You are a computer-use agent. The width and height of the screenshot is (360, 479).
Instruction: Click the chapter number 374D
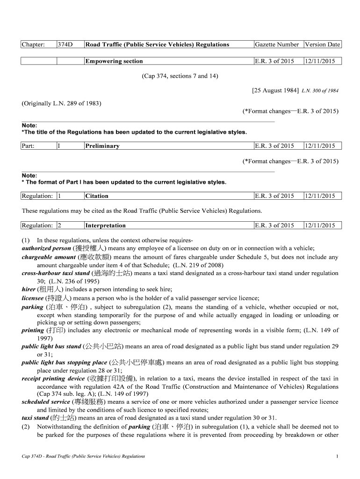[65, 45]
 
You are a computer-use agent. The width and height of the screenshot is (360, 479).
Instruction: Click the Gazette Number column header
[277, 45]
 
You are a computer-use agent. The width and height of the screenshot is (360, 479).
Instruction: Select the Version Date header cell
[322, 45]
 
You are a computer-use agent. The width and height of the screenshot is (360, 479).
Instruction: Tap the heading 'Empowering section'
[114, 61]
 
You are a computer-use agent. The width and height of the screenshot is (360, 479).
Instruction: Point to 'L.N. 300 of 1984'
[320, 90]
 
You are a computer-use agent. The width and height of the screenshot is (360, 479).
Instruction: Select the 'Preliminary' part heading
[102, 146]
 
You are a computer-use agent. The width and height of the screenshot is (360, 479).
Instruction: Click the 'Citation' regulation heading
[97, 196]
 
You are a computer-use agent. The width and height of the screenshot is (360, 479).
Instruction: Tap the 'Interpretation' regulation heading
[105, 225]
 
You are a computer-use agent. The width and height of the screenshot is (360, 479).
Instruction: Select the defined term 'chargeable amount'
[49, 257]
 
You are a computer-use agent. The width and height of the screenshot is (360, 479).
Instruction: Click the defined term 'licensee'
[33, 298]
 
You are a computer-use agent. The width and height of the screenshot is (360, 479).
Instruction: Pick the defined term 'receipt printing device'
[53, 378]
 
